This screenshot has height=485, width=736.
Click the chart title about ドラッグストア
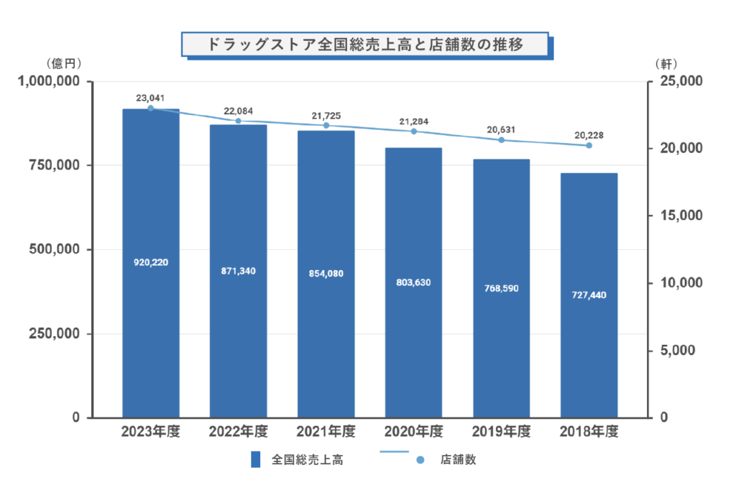tap(364, 44)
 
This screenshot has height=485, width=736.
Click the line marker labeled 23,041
tap(151, 108)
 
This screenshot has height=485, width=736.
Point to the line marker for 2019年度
tap(502, 139)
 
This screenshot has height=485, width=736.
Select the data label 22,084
tap(239, 111)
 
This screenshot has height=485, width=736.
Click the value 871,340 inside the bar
tap(239, 271)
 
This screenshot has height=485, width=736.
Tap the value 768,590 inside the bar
tap(501, 288)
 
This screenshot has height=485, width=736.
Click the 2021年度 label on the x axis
tap(326, 432)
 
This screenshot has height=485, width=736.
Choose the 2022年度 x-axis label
tap(239, 432)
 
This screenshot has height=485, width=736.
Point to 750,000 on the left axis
tap(50, 165)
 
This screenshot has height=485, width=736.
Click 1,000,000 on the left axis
tap(45, 81)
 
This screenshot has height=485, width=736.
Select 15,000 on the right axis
tap(678, 216)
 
